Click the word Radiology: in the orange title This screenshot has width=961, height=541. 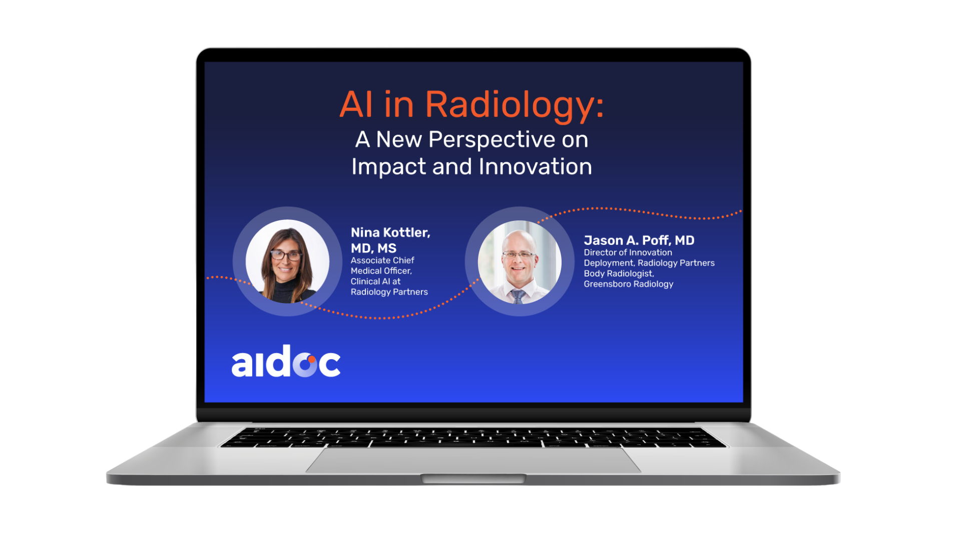tap(515, 106)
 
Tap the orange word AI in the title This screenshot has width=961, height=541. tap(356, 104)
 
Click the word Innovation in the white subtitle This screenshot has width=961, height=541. tap(535, 166)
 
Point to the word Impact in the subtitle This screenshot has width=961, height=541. tap(388, 167)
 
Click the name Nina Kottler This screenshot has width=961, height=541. tap(390, 232)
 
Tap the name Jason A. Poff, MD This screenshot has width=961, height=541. tap(639, 240)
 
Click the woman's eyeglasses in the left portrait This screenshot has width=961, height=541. tap(286, 255)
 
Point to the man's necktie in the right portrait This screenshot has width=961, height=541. tap(518, 296)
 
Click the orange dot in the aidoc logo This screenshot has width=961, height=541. tap(311, 359)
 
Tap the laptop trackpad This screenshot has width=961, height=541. tap(473, 460)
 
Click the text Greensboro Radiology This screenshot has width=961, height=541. tap(628, 284)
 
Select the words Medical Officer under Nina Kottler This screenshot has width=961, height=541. tap(381, 271)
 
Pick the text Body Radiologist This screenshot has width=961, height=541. tap(619, 274)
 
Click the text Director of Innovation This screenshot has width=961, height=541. tap(628, 252)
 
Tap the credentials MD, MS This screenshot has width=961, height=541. tap(373, 248)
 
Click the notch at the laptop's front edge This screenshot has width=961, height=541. tap(473, 479)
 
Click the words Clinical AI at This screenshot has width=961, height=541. tap(375, 282)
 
